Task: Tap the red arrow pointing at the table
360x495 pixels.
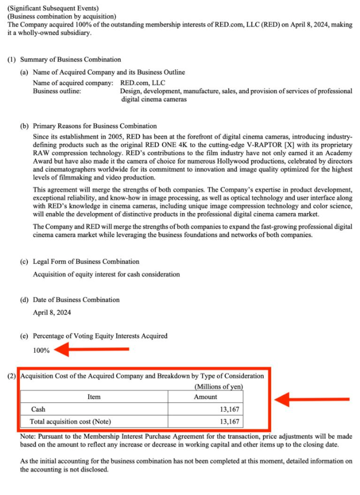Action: pyautogui.click(x=315, y=399)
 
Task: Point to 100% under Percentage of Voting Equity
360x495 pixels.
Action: pyautogui.click(x=42, y=350)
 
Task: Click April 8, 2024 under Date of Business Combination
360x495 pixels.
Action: pyautogui.click(x=52, y=312)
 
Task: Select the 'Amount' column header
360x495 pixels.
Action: pyautogui.click(x=206, y=396)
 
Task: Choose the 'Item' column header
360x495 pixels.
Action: pyautogui.click(x=94, y=396)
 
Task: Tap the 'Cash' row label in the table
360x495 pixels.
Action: pyautogui.click(x=38, y=409)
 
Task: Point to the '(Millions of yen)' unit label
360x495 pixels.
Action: pyautogui.click(x=218, y=386)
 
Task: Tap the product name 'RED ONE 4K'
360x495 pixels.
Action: pyautogui.click(x=190, y=145)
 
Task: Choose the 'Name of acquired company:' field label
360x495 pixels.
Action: pyautogui.click(x=73, y=83)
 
